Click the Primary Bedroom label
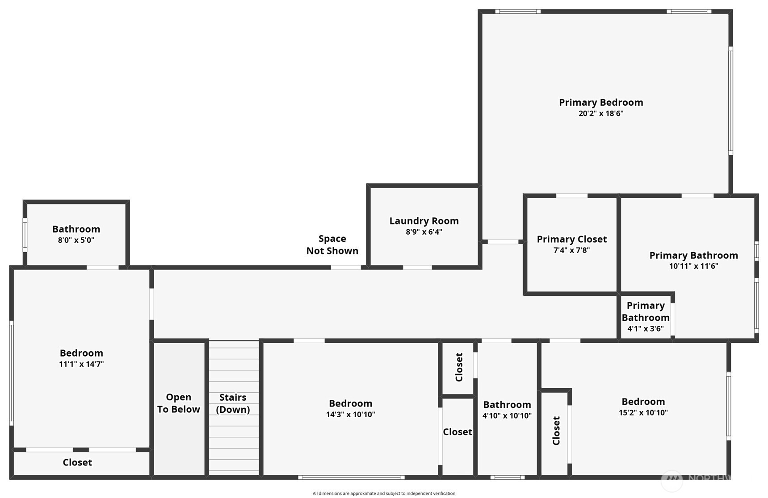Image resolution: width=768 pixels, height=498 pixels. click(601, 103)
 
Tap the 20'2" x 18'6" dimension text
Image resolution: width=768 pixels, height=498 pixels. click(601, 114)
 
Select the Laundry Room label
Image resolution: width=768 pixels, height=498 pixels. click(424, 221)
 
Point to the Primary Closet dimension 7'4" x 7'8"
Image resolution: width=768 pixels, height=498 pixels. click(571, 250)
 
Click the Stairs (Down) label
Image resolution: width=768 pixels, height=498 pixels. click(233, 403)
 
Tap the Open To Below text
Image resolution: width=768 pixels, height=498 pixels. click(178, 403)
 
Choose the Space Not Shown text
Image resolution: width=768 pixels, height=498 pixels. click(332, 245)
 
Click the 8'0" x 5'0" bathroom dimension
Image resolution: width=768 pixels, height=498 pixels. click(76, 240)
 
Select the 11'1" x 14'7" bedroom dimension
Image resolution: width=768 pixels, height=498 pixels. click(81, 364)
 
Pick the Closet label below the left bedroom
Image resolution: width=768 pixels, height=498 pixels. click(77, 462)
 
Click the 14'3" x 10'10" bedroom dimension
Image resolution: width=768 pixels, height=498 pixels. click(350, 415)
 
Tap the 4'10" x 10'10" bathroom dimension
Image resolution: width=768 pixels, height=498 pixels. click(507, 416)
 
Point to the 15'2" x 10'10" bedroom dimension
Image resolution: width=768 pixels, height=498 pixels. click(643, 413)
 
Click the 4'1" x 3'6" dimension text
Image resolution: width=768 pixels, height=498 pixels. click(645, 329)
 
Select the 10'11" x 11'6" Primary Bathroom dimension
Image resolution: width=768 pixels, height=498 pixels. click(693, 266)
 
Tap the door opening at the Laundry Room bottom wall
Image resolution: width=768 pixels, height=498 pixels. click(417, 267)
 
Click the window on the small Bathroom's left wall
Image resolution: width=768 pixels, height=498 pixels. click(25, 235)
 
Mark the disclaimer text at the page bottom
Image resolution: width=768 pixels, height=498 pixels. click(384, 494)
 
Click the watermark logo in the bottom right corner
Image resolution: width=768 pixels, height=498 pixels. click(671, 480)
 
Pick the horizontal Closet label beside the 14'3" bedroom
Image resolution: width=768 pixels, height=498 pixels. click(457, 432)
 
